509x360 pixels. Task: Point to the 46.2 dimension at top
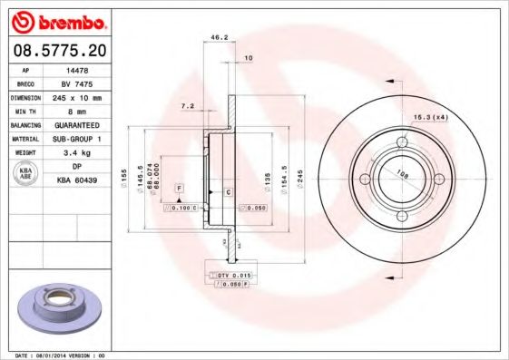[218, 38]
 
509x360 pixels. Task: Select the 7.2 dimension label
[188, 106]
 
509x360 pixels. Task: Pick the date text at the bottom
[54, 355]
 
